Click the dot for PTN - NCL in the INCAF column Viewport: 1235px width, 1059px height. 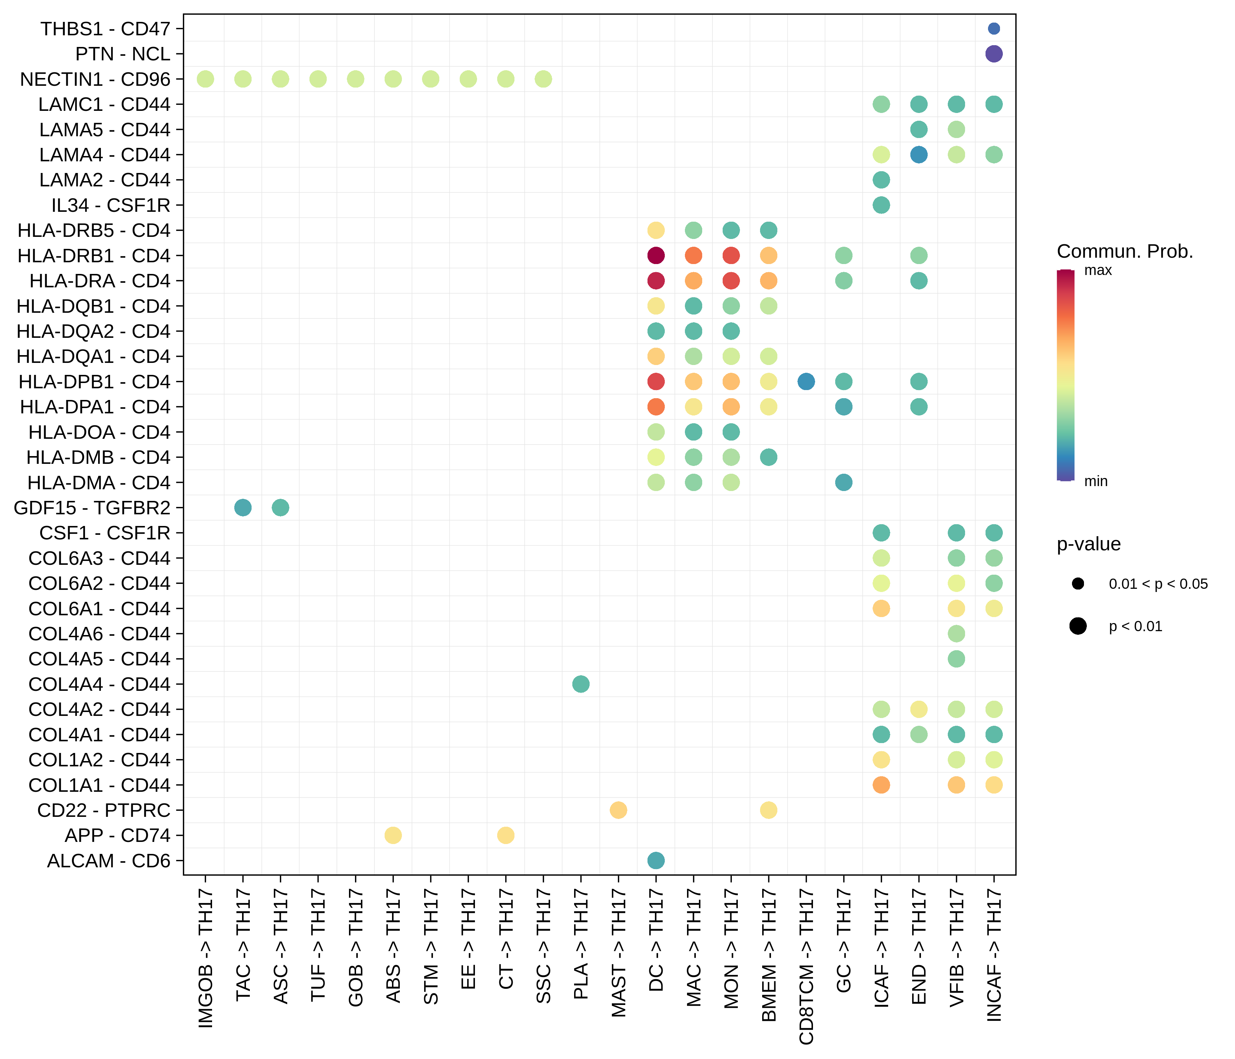tap(994, 54)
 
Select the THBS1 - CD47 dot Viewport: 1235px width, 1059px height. tap(994, 29)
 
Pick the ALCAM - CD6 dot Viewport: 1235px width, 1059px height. tap(656, 861)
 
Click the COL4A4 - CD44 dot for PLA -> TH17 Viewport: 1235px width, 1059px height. tap(580, 684)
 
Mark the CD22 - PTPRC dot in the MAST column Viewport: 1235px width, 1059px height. tap(618, 810)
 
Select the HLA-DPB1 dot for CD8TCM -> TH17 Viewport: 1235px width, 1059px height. tap(806, 382)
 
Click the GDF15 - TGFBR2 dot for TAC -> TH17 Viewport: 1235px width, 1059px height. tap(243, 508)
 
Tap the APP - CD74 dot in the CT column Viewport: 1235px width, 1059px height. tap(505, 836)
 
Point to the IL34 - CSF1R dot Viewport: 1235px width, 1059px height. tap(881, 205)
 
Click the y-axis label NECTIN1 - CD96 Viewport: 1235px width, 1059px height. tap(95, 79)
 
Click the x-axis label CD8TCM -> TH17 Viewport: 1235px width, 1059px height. tap(806, 966)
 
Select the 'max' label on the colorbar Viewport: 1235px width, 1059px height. tap(1098, 271)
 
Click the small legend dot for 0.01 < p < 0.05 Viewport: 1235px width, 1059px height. tap(1078, 584)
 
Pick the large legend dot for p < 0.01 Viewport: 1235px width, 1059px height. tap(1078, 626)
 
